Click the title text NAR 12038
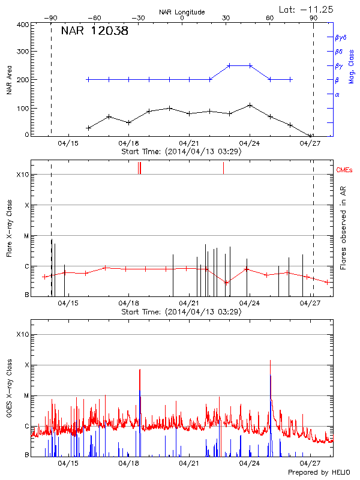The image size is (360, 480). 94,31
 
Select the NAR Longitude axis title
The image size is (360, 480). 182,11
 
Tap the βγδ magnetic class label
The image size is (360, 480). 340,37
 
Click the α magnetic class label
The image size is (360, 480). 337,94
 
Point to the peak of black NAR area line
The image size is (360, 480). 250,105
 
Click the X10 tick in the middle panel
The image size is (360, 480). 23,175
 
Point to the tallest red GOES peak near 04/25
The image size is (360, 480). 270,360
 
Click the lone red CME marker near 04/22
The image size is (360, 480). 223,168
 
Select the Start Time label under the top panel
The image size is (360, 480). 181,151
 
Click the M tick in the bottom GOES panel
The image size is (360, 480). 26,395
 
